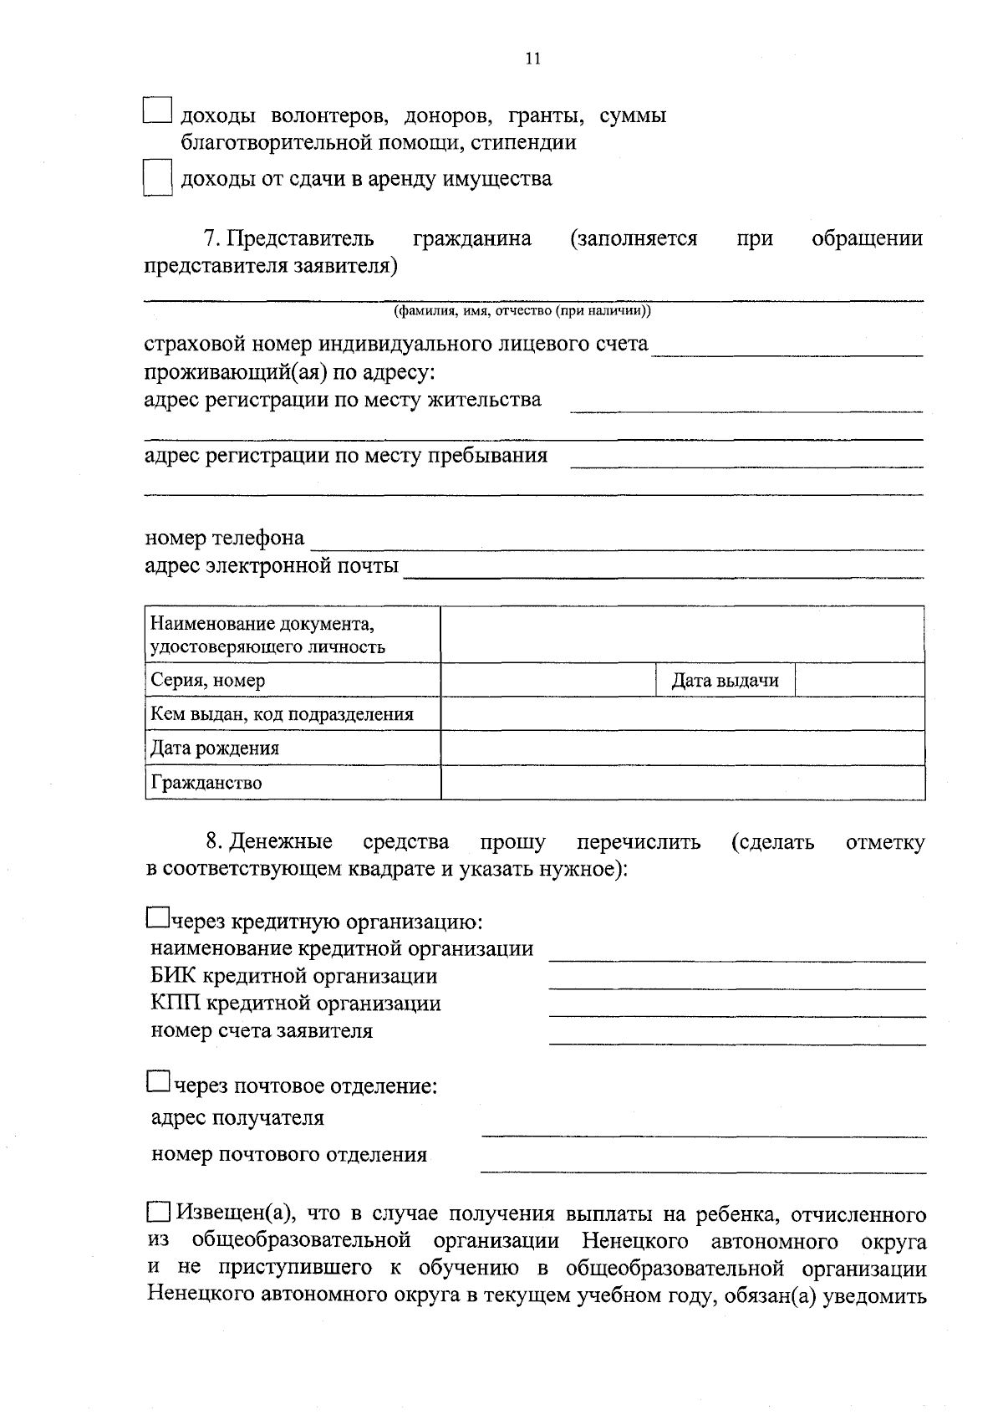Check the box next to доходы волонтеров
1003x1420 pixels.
(156, 112)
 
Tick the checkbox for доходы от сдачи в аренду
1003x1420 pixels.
(156, 178)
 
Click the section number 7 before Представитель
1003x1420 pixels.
(211, 239)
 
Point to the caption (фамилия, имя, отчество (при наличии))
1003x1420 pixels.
(522, 311)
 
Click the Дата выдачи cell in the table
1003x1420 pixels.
(725, 681)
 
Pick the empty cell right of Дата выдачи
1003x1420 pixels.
(858, 681)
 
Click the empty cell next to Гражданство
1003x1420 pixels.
(682, 783)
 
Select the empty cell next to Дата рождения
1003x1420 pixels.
(682, 748)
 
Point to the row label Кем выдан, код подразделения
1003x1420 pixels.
(282, 714)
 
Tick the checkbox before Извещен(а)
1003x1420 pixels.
(158, 1213)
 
